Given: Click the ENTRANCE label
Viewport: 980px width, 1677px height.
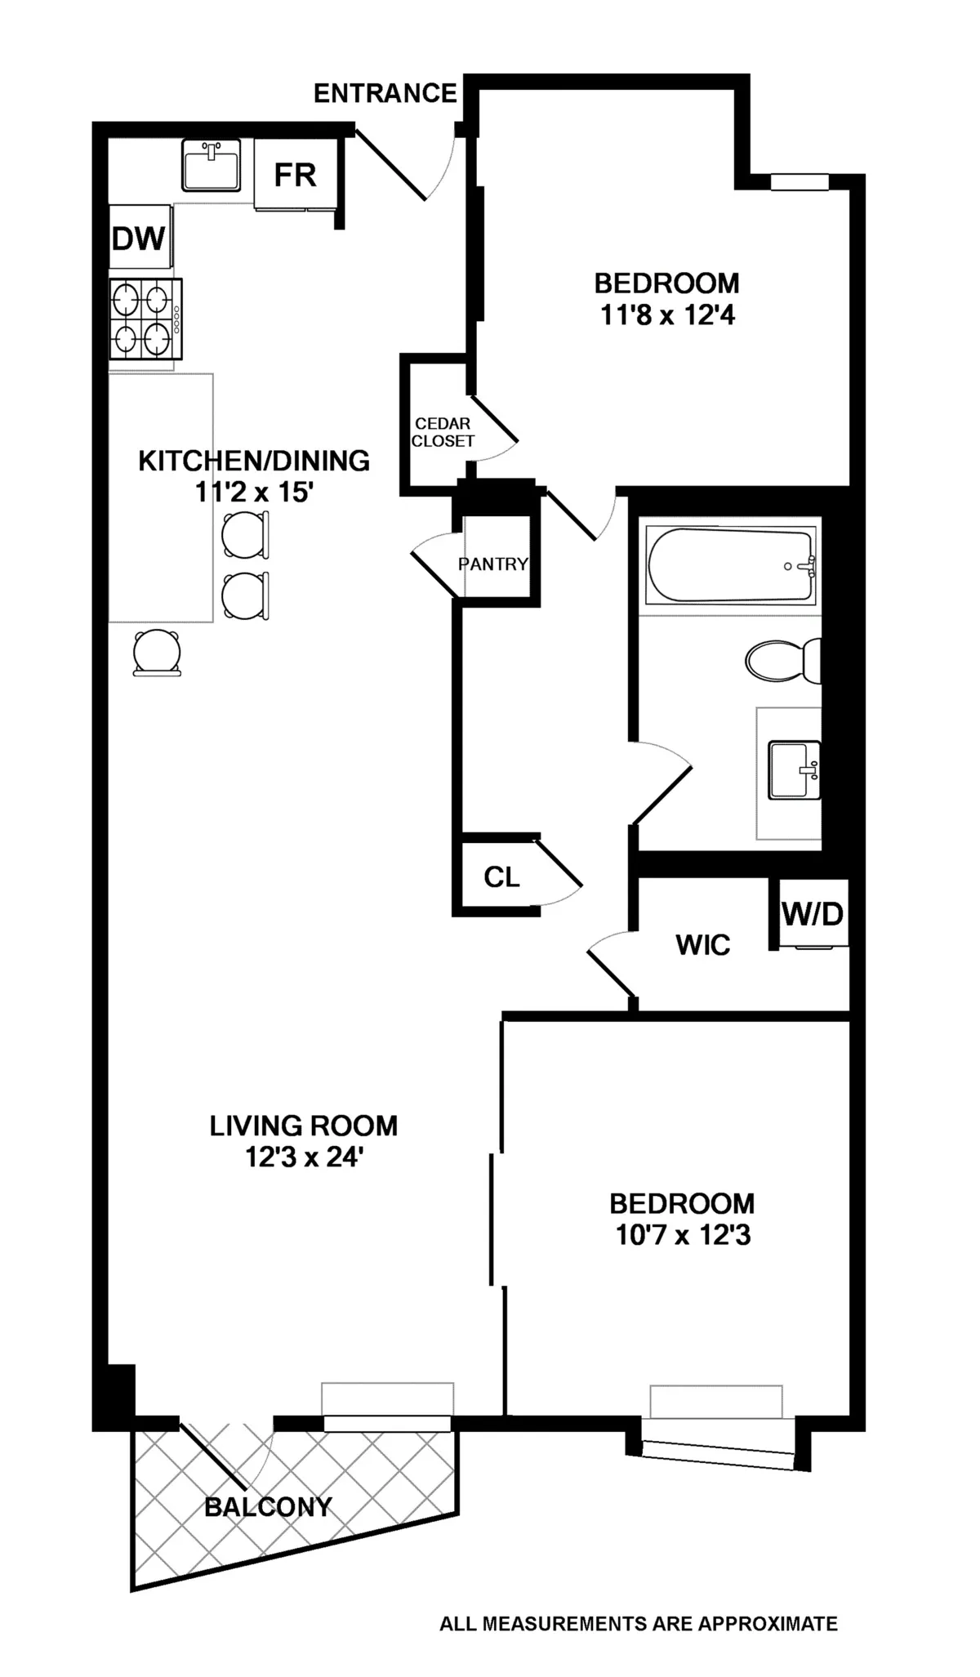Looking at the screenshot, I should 385,94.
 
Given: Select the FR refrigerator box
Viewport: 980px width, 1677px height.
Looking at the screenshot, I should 295,175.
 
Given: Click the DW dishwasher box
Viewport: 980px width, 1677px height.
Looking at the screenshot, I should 140,239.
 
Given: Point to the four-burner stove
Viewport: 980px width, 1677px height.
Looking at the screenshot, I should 145,319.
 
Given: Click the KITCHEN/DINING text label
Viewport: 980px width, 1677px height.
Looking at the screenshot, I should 254,461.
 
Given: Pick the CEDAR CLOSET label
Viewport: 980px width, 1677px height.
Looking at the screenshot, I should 443,432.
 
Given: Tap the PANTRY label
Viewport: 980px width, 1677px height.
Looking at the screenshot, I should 493,564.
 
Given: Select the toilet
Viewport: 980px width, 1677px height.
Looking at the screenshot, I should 782,660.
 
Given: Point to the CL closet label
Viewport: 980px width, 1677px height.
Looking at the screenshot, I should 501,877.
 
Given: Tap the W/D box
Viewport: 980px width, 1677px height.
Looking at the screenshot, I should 812,913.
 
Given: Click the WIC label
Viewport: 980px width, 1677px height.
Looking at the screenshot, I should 702,945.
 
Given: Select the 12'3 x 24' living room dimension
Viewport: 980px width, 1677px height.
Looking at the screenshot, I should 304,1157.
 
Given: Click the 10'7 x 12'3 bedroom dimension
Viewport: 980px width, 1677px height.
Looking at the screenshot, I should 683,1235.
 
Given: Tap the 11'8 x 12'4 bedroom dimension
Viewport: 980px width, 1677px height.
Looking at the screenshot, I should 667,314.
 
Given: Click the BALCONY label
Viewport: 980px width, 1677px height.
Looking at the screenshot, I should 268,1506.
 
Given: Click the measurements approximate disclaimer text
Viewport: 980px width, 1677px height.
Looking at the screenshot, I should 638,1624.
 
